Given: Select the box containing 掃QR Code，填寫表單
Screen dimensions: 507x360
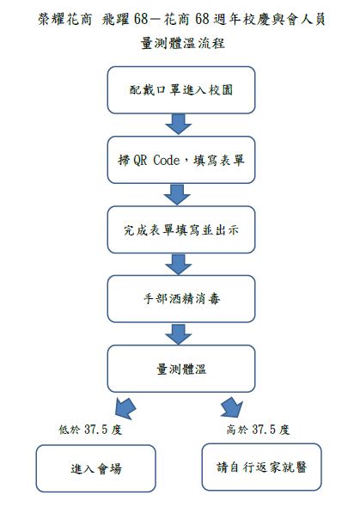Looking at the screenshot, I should [x=180, y=160].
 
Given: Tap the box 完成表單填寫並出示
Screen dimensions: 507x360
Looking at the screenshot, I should [x=180, y=229].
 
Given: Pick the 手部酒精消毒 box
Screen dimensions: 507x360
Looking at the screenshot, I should [x=180, y=299].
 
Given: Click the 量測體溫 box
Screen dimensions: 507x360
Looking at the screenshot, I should [x=180, y=369].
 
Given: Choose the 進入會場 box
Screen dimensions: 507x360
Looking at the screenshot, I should [x=95, y=468].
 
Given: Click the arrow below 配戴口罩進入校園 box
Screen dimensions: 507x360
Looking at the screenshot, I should [x=180, y=125].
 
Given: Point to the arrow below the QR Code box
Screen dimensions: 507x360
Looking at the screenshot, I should [x=180, y=195].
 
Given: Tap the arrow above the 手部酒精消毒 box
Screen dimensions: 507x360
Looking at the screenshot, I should [x=180, y=265].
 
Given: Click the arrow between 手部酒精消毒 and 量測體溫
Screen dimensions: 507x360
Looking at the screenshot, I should [x=180, y=334].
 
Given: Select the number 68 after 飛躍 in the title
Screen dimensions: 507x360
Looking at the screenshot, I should [x=140, y=18].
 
